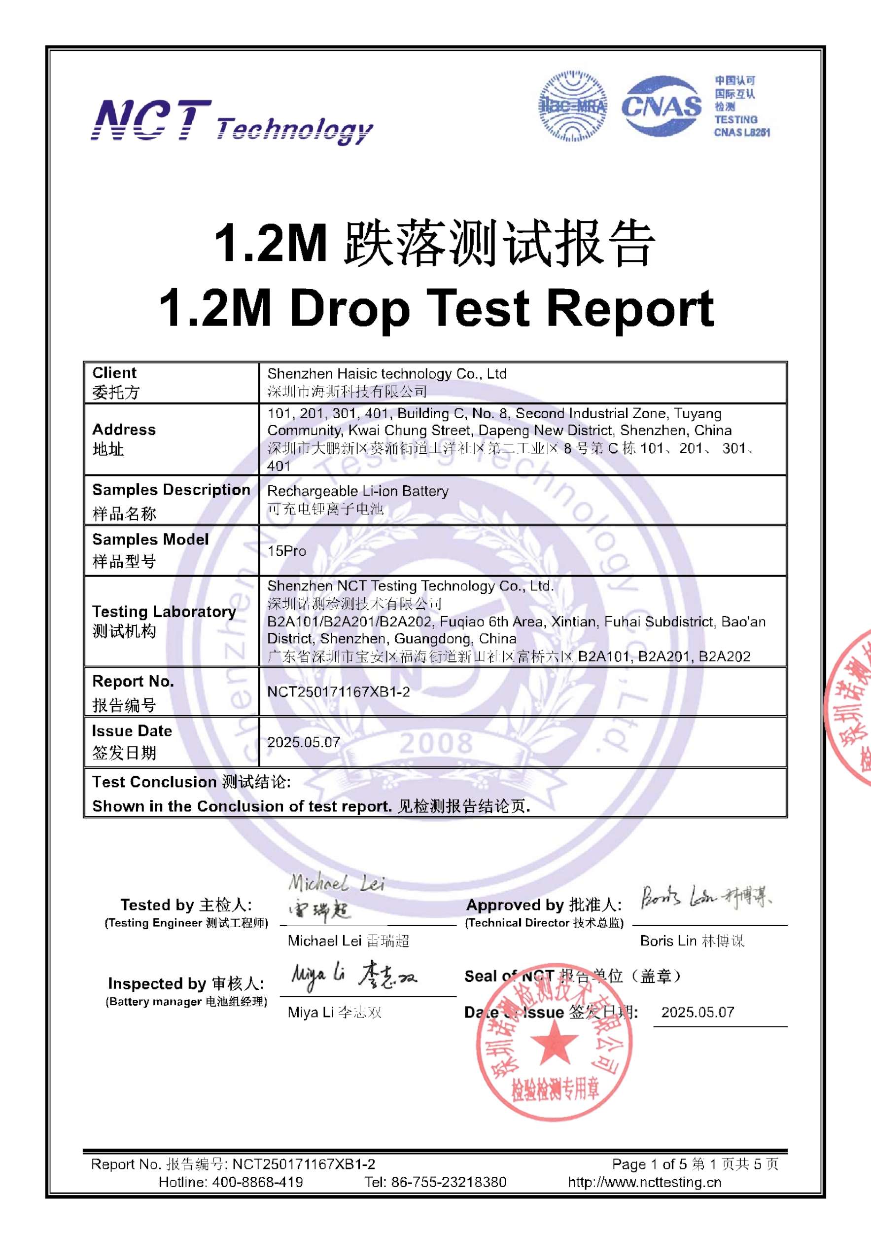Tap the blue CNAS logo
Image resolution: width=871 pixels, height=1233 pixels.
(x=661, y=106)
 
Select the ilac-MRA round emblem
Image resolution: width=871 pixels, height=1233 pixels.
(x=573, y=106)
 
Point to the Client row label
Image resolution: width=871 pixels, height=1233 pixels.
(x=115, y=382)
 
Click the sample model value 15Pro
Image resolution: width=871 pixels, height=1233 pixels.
(x=286, y=551)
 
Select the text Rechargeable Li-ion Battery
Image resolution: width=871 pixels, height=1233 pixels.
(x=357, y=491)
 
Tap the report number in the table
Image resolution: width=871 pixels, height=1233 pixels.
(x=338, y=691)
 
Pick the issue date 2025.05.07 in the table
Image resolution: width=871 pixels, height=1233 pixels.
(x=304, y=742)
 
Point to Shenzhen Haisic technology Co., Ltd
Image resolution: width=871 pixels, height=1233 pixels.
(x=386, y=374)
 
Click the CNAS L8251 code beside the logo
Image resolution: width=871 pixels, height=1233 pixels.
(x=742, y=132)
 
